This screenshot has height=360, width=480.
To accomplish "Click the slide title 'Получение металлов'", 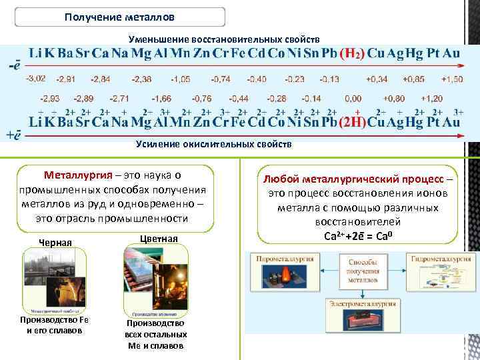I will point(120,15).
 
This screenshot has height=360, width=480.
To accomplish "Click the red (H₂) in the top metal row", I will point(352,53).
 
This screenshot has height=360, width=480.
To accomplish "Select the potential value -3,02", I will point(35,79).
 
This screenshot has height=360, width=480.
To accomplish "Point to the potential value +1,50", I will point(451,79).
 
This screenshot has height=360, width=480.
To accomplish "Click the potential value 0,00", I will point(353,98).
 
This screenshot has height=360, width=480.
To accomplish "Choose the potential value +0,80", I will point(395,98).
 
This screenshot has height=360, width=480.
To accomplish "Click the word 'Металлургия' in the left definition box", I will point(73,176).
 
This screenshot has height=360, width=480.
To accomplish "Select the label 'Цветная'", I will point(159,239).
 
